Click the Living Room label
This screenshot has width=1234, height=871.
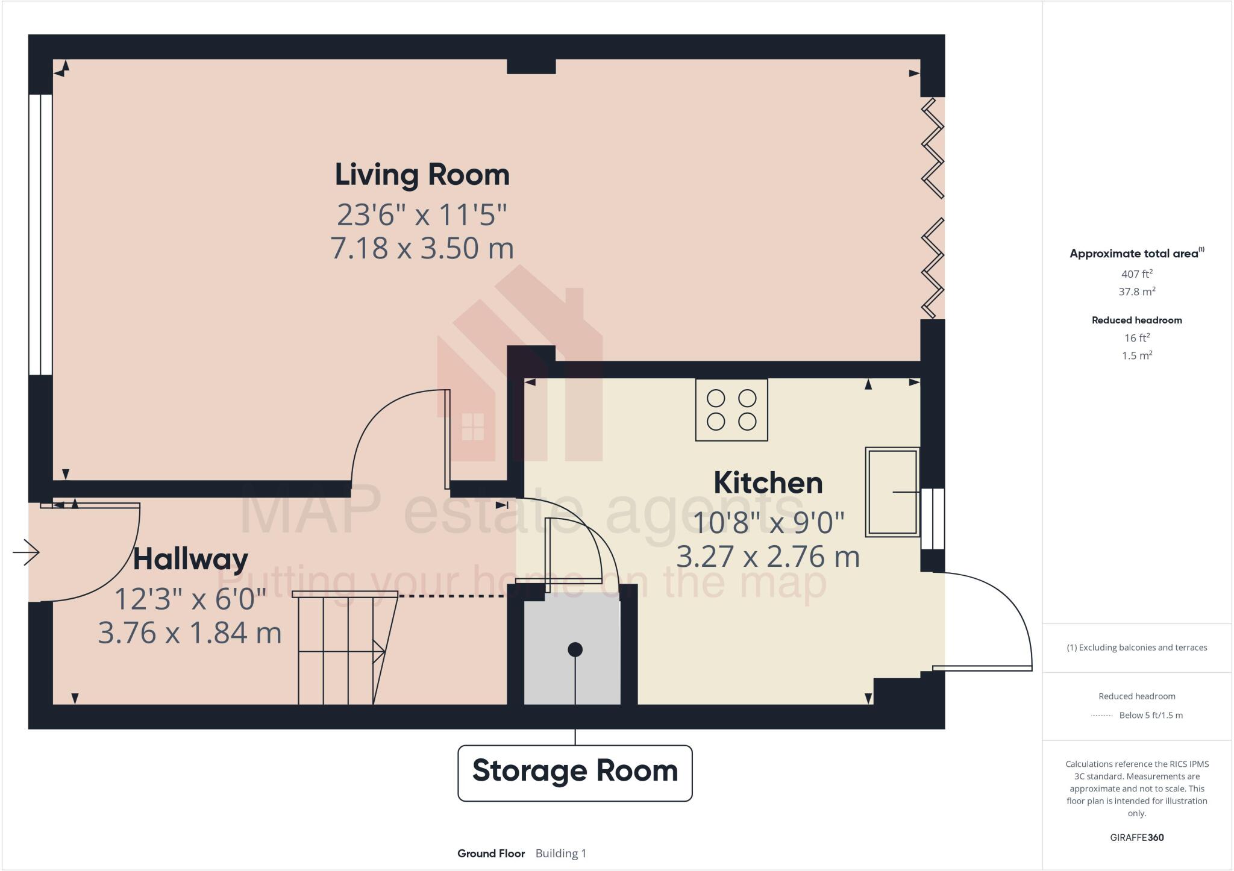click(x=422, y=175)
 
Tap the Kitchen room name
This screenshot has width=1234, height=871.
click(x=768, y=483)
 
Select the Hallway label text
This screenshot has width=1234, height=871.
click(x=190, y=559)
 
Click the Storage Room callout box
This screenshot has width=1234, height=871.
click(x=575, y=772)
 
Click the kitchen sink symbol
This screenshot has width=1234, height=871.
click(x=892, y=492)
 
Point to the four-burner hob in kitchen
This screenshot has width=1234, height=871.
click(x=731, y=410)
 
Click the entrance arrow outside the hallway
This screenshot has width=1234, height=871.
click(x=26, y=552)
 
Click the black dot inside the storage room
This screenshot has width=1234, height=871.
click(x=575, y=649)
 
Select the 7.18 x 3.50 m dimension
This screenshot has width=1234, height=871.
click(x=422, y=248)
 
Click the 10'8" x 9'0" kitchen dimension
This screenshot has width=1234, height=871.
click(x=768, y=522)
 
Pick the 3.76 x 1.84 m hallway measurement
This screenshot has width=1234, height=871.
click(x=190, y=632)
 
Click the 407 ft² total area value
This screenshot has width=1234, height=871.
click(x=1136, y=274)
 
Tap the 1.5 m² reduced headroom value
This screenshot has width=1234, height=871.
click(x=1136, y=355)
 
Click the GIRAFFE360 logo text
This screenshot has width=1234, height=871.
click(x=1136, y=837)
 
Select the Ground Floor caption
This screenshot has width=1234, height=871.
click(x=490, y=854)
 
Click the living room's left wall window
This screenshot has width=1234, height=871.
click(x=40, y=235)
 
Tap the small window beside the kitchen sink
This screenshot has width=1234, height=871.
click(x=933, y=519)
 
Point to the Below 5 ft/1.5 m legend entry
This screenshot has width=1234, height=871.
click(x=1150, y=716)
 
